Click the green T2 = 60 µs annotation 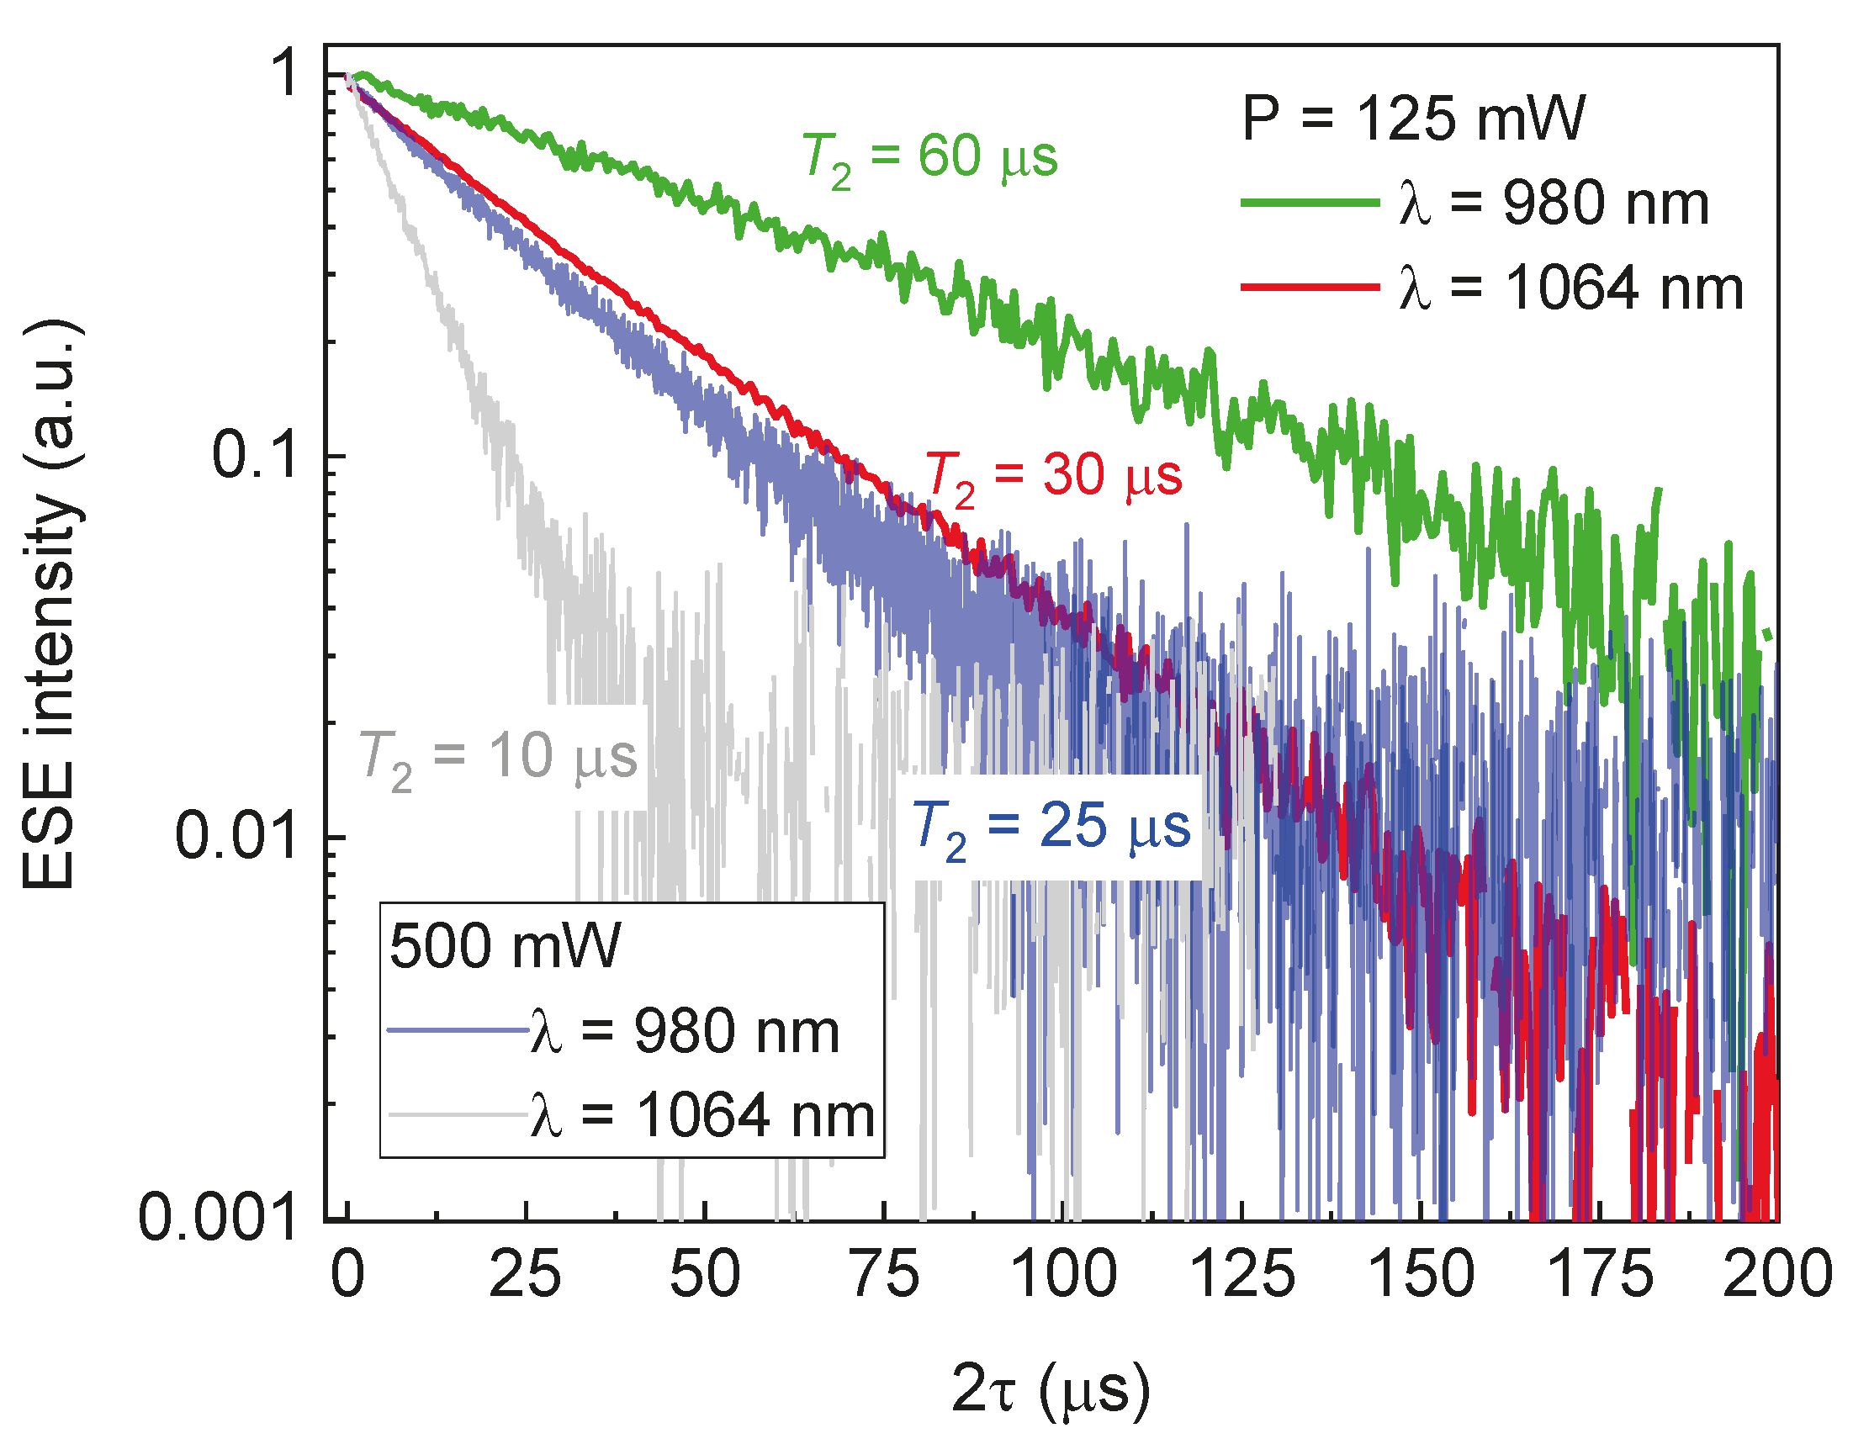pos(930,160)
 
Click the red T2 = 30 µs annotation pos(1053,477)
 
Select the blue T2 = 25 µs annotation pos(1051,828)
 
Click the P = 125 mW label pos(1411,119)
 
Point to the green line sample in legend pos(1309,203)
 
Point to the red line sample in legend pos(1309,288)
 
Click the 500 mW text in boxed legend pos(506,946)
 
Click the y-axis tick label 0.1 pos(255,456)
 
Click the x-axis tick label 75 pos(885,1275)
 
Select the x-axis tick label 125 pos(1242,1275)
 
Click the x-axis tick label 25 pos(525,1275)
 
